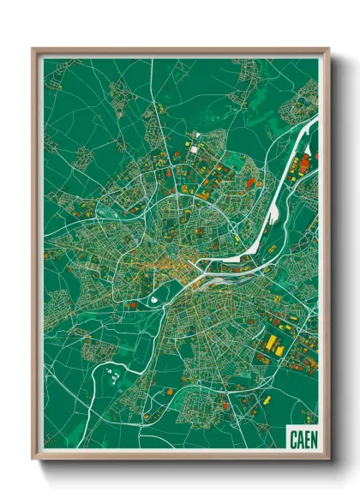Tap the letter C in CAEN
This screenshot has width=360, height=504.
coord(291,437)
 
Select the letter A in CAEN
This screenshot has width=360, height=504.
coord(297,437)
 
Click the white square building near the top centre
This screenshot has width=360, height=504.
coord(194,149)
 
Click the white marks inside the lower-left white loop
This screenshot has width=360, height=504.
coord(111,372)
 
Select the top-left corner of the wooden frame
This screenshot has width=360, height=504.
coord(33,49)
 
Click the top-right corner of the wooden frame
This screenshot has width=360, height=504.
coord(328,49)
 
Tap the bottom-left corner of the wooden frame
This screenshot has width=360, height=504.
coord(33,459)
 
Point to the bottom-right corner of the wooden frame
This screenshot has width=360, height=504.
coord(328,459)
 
